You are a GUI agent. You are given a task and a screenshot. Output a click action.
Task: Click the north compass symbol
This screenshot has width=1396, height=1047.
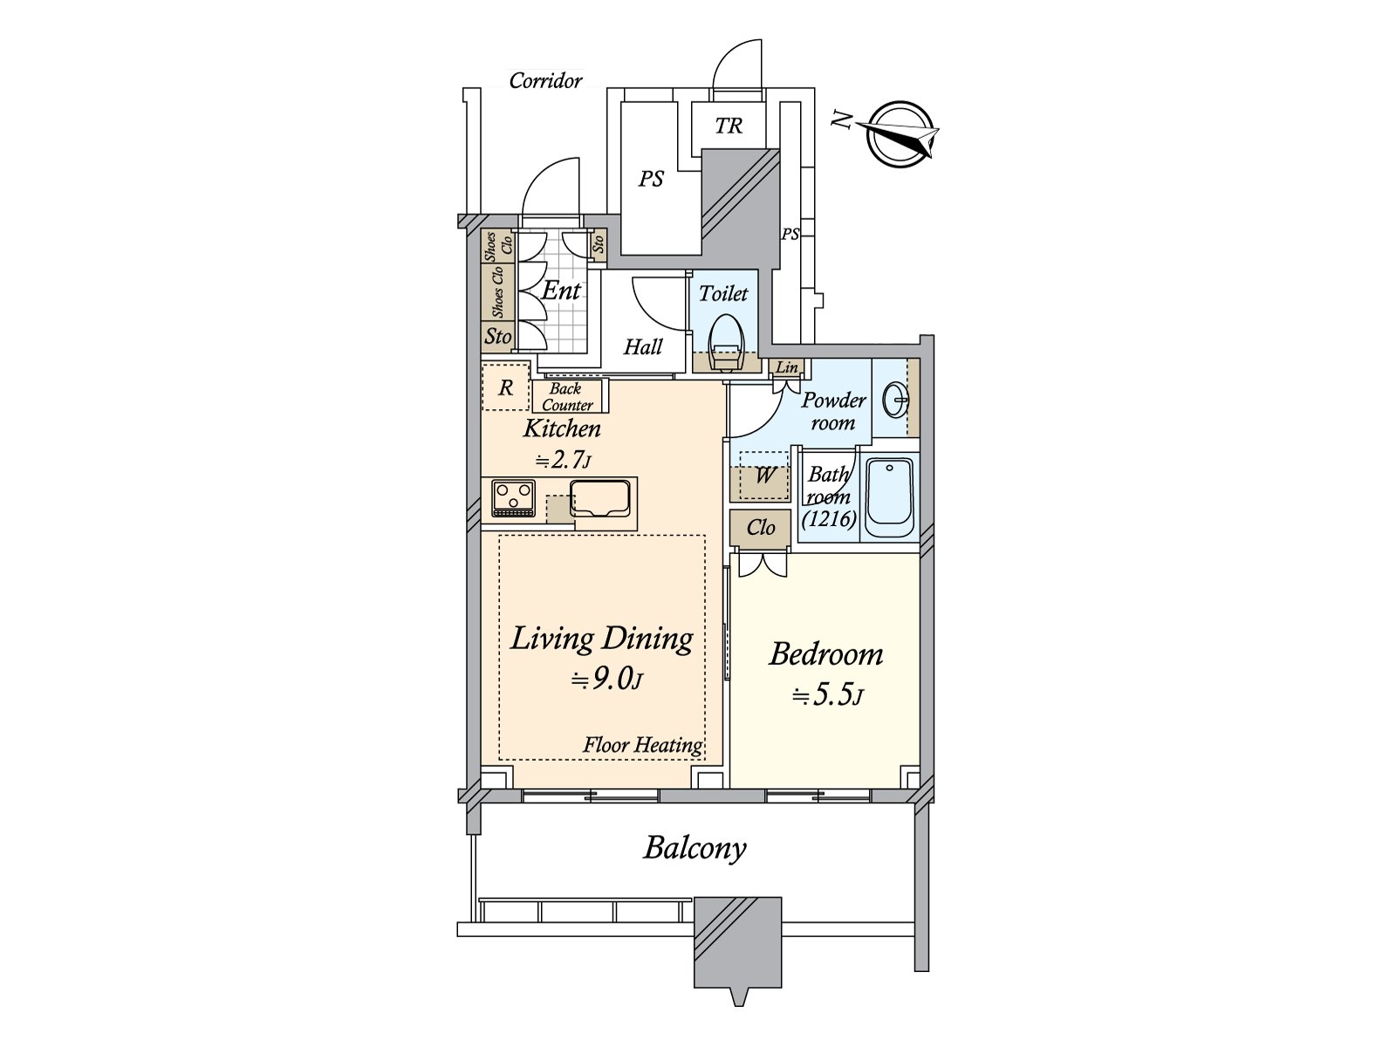point(900,134)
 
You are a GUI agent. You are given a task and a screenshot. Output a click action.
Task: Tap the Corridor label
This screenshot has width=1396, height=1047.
point(545,81)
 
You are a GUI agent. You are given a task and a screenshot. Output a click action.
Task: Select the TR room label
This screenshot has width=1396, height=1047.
point(729,126)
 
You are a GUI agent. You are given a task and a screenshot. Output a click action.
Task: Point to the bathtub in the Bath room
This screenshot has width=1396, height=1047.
point(890,498)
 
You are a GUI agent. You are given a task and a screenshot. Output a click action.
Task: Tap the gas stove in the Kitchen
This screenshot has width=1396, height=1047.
point(513,498)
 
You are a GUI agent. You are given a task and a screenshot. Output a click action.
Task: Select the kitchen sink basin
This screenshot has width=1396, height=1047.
point(600,498)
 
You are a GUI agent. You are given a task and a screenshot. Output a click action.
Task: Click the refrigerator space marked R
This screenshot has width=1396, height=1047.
point(505,387)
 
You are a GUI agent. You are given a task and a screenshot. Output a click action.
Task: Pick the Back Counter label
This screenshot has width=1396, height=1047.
point(567,397)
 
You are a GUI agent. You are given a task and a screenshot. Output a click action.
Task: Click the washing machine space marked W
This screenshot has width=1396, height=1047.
point(763,476)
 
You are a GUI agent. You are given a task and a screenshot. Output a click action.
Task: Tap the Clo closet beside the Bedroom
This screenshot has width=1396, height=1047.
point(761,528)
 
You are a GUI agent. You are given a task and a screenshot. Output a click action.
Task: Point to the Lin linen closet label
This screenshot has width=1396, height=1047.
point(787,367)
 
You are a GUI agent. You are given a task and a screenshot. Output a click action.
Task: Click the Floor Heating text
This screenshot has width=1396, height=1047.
point(643,744)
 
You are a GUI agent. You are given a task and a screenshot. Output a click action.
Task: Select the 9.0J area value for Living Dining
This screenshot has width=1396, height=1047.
point(607,681)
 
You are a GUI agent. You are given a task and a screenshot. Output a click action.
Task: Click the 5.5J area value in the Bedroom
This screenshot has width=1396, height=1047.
point(827,696)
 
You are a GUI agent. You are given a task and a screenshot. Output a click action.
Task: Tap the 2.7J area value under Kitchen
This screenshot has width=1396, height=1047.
point(564,460)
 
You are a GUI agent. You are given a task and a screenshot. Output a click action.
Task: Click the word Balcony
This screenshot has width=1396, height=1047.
point(695,849)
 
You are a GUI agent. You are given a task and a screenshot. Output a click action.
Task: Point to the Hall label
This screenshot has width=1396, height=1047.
point(643,347)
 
